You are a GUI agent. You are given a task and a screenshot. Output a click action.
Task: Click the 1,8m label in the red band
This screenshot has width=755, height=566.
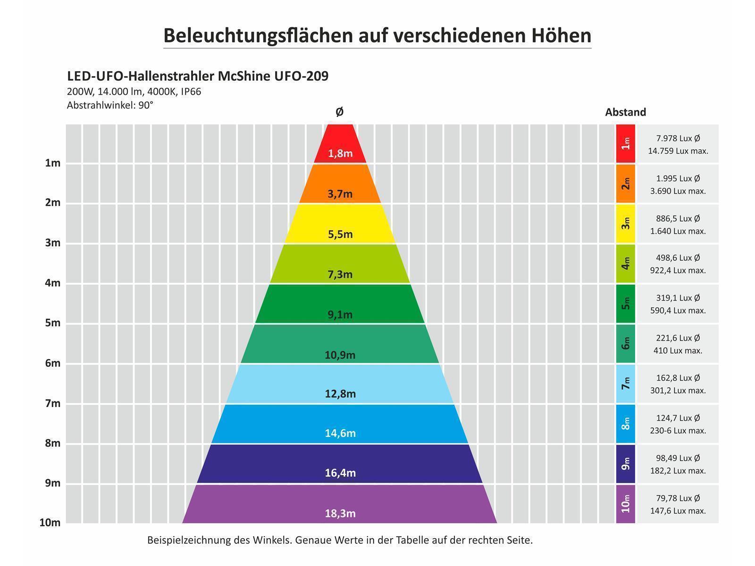[x=340, y=153]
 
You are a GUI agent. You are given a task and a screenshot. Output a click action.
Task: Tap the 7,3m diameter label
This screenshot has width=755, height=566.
[x=340, y=274]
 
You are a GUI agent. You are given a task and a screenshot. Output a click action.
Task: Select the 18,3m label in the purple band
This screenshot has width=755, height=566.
[x=340, y=513]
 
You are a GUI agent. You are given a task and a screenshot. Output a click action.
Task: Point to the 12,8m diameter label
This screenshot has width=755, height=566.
[x=340, y=393]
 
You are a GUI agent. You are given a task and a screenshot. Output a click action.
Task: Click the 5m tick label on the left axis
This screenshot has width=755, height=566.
[x=53, y=323]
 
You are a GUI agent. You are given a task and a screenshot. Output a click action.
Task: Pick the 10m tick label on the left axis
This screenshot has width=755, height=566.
[x=50, y=523]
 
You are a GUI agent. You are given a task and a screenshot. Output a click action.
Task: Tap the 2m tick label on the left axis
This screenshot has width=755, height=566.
[x=53, y=203]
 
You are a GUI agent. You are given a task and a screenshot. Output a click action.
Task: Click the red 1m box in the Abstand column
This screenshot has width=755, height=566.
[x=625, y=143]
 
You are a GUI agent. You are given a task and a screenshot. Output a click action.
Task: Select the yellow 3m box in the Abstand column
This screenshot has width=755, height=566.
[x=625, y=224]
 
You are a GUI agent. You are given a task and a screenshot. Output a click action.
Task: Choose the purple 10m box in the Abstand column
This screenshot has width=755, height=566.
[x=625, y=504]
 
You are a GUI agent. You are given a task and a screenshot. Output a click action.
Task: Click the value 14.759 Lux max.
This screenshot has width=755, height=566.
[x=678, y=151]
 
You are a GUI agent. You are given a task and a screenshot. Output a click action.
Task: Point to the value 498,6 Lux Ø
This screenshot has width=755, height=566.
[x=678, y=258]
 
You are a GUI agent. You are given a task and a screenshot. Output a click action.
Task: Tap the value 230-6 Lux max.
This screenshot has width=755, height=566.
[x=678, y=431]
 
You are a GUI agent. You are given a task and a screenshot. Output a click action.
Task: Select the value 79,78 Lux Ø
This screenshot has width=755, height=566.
[x=678, y=498]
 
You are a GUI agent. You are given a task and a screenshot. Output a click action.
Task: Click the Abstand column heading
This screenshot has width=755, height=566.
[x=625, y=112]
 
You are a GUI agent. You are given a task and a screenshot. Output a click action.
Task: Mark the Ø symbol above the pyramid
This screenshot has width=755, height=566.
[x=339, y=112]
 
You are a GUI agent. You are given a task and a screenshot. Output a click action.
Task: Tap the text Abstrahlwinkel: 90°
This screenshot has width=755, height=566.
[x=110, y=105]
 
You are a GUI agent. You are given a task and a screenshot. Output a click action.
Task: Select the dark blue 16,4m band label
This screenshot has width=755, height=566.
[x=340, y=473]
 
